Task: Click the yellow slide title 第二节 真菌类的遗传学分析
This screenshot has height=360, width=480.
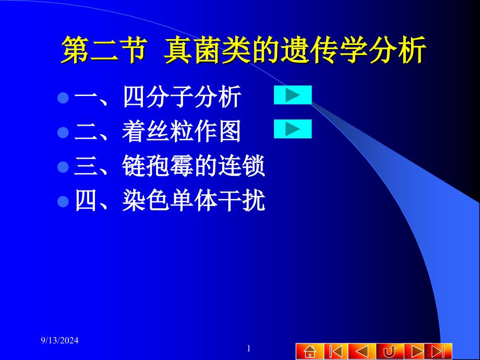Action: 244,50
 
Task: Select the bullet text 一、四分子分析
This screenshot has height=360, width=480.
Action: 158,97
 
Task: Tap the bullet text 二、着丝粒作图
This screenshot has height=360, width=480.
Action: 158,131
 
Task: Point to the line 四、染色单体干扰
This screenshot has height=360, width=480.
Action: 170,200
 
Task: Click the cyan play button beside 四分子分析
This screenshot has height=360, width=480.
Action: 293,95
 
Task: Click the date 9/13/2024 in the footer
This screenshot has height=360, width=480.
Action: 59,340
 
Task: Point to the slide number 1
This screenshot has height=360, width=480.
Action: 248,349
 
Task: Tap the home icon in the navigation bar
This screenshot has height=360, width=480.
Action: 310,351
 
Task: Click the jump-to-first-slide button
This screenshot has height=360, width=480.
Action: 336,351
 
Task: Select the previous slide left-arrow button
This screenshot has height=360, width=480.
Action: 362,351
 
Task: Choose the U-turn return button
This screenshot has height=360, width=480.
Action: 390,351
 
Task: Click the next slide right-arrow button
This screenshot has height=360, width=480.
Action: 417,351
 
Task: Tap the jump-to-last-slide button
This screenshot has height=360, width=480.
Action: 441,351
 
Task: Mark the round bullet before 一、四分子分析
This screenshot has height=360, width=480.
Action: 63,98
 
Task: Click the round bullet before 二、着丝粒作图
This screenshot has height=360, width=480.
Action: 63,133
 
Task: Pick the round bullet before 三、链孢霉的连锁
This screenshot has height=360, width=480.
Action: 63,167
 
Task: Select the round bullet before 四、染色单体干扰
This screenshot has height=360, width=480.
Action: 63,201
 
